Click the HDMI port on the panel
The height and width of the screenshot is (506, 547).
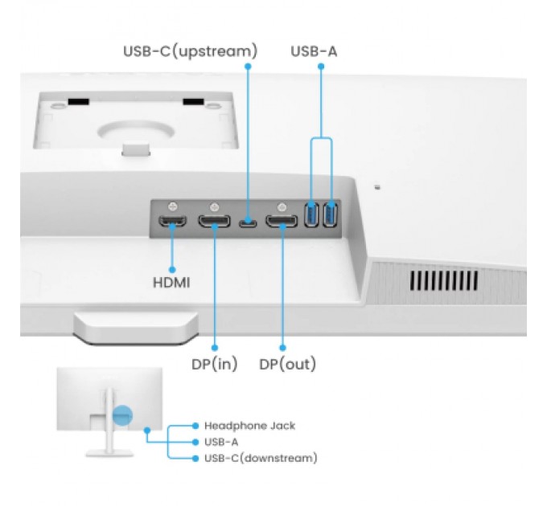coord(172,220)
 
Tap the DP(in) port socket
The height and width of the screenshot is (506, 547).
coord(216,220)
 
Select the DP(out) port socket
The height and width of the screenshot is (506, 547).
coord(282,220)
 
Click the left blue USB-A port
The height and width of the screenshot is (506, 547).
coord(312,215)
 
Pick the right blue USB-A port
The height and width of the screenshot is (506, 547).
coord(329,215)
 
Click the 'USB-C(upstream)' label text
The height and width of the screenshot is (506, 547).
coord(190,51)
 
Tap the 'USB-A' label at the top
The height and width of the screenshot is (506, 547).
coord(314,51)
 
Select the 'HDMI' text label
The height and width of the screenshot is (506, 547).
coord(171,283)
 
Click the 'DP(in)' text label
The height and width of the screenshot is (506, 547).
coord(215,364)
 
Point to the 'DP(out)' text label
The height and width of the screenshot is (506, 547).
coord(287,364)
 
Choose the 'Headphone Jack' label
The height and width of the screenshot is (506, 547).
coord(249,426)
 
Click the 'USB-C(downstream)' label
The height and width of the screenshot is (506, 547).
coord(261,458)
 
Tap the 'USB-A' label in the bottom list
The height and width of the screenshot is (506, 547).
coord(221,442)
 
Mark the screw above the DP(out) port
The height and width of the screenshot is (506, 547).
coord(282,206)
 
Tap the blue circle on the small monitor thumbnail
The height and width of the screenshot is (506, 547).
coord(122,416)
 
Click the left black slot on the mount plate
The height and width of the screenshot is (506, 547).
coord(78,102)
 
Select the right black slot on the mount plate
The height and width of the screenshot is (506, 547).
coord(194,102)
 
